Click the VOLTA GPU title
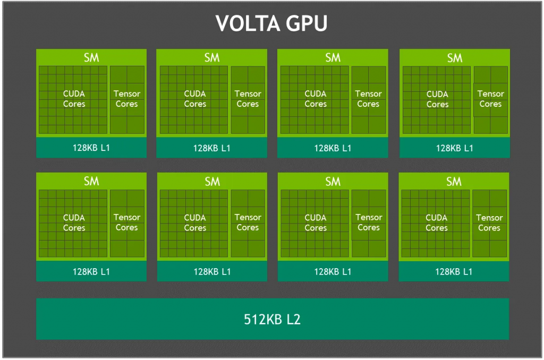[271, 23]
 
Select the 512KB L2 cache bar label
[272, 319]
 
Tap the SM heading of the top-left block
[91, 57]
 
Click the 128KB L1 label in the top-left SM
[91, 148]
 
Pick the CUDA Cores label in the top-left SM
[74, 99]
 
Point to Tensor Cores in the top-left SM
[127, 99]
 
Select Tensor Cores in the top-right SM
[490, 99]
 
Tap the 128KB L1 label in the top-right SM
[455, 148]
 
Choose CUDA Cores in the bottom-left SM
[74, 222]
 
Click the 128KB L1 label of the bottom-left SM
[91, 271]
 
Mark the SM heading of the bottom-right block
[454, 182]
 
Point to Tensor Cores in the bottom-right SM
[489, 222]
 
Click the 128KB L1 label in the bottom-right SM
[454, 271]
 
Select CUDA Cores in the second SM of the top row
[195, 99]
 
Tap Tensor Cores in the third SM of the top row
[368, 99]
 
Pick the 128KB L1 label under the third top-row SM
[333, 148]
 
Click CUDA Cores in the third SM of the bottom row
[316, 222]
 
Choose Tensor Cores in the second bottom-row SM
[248, 222]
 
